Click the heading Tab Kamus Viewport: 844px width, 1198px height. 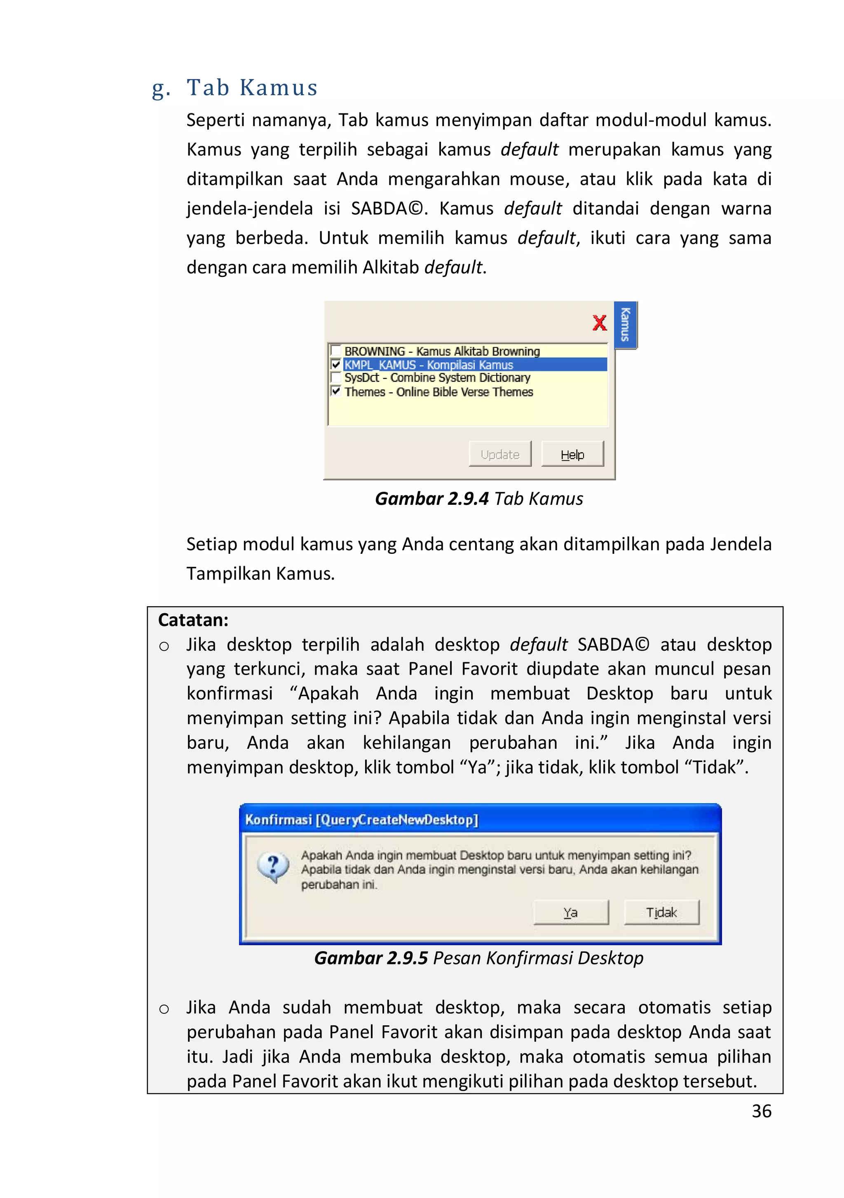pyautogui.click(x=252, y=88)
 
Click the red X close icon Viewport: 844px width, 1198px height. pyautogui.click(x=599, y=323)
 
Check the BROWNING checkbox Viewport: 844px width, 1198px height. pyautogui.click(x=336, y=351)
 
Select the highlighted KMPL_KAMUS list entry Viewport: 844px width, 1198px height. pyautogui.click(x=429, y=365)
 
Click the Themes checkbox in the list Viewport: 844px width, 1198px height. pyautogui.click(x=336, y=391)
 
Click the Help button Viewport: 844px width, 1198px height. pyautogui.click(x=572, y=454)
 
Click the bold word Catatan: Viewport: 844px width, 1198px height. pyautogui.click(x=193, y=620)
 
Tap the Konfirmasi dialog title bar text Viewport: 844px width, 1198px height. pyautogui.click(x=361, y=820)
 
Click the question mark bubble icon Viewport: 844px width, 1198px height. pyautogui.click(x=273, y=867)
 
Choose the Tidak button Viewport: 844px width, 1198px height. pyautogui.click(x=661, y=912)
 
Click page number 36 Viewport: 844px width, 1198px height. pyautogui.click(x=761, y=1111)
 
